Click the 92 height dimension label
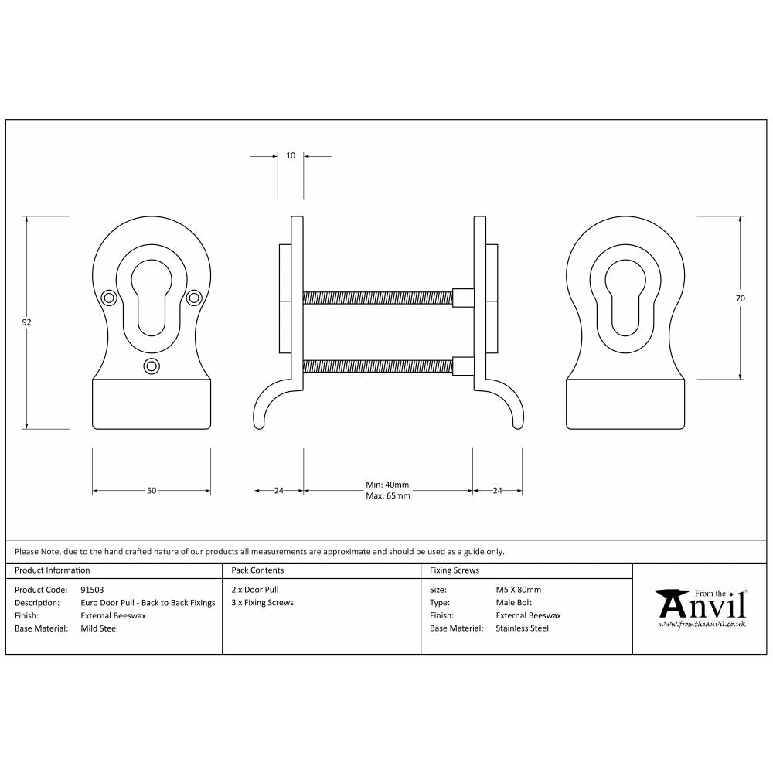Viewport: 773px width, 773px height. (x=26, y=322)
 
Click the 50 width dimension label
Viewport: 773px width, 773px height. (x=152, y=491)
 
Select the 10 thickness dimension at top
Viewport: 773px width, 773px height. (x=291, y=156)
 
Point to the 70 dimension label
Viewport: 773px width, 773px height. (x=741, y=298)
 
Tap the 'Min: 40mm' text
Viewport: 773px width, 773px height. (x=387, y=485)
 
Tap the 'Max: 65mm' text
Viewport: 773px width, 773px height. (x=387, y=495)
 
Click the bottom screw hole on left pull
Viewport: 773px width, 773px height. (x=152, y=366)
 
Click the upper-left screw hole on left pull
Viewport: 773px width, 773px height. (x=109, y=297)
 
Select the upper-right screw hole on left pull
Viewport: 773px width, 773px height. (x=194, y=297)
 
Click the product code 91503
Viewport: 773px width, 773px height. (x=92, y=590)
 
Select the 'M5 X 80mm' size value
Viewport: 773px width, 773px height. (x=518, y=590)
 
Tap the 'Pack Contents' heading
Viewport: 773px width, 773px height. (x=257, y=570)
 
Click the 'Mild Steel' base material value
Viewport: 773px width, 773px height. (x=100, y=628)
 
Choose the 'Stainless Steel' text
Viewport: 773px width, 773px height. (x=522, y=628)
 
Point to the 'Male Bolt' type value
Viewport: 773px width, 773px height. (x=513, y=603)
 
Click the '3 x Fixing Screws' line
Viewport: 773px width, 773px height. (x=262, y=603)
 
